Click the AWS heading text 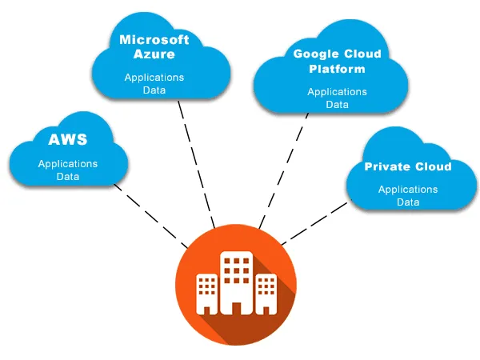[x=68, y=141]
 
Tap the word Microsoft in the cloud [x=154, y=39]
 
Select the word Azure [x=154, y=55]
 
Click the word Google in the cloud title [x=312, y=54]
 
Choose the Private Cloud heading [x=408, y=167]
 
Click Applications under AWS [x=68, y=163]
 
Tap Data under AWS [x=68, y=176]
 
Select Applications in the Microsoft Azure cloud [x=154, y=78]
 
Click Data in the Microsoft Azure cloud [x=154, y=90]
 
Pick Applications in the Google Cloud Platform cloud [x=338, y=92]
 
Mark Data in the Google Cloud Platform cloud [x=338, y=105]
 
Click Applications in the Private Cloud [x=408, y=190]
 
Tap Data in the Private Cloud [x=408, y=202]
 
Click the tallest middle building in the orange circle [x=236, y=282]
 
